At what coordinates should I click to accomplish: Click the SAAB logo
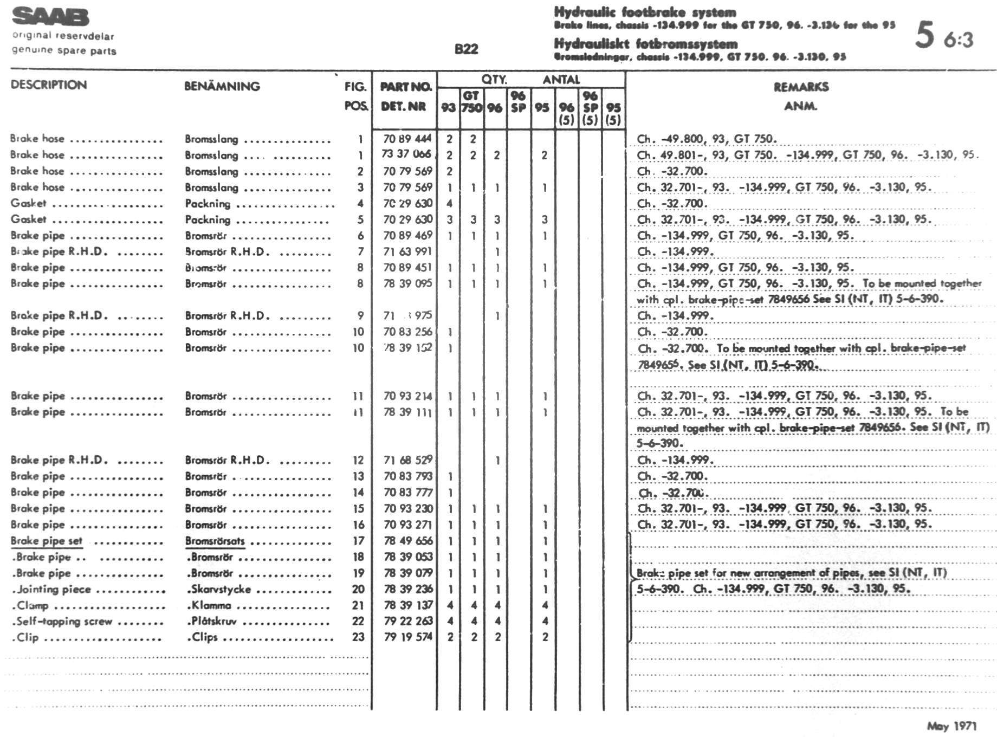50,17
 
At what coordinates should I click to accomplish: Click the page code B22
466,49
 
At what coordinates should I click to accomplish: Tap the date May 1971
951,726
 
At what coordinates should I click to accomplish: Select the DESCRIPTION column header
49,85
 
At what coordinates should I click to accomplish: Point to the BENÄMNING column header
222,86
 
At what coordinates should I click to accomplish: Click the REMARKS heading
801,87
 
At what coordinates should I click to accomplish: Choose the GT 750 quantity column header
471,102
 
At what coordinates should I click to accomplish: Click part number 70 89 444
407,139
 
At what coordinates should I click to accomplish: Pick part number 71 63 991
407,251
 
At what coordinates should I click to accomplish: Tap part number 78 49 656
407,541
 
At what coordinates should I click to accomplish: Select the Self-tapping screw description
62,622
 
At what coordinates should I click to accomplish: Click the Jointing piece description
52,589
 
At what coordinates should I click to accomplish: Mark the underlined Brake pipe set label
47,541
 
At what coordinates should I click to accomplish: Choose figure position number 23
358,637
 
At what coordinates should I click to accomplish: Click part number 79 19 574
407,637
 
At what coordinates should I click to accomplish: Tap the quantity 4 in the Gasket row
449,204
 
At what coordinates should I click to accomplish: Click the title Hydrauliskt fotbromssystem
645,44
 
